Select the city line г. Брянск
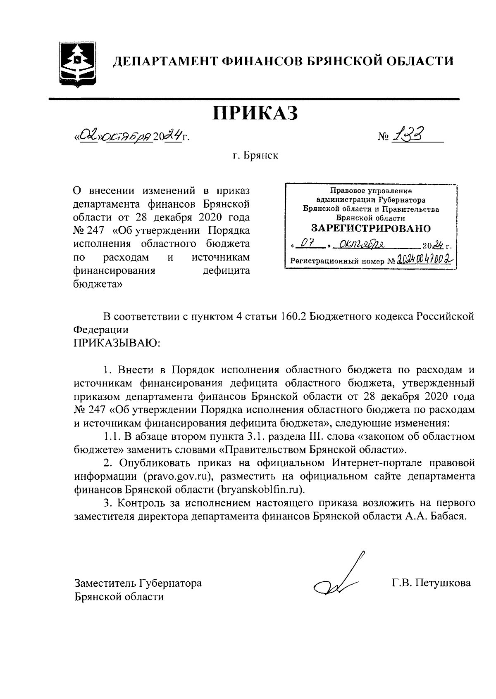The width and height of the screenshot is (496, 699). [255, 156]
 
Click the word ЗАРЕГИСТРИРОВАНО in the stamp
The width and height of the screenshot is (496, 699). [370, 228]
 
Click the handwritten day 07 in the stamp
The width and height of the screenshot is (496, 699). [307, 246]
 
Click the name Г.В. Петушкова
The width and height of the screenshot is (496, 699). [431, 583]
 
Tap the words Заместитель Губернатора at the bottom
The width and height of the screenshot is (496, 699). [138, 583]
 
